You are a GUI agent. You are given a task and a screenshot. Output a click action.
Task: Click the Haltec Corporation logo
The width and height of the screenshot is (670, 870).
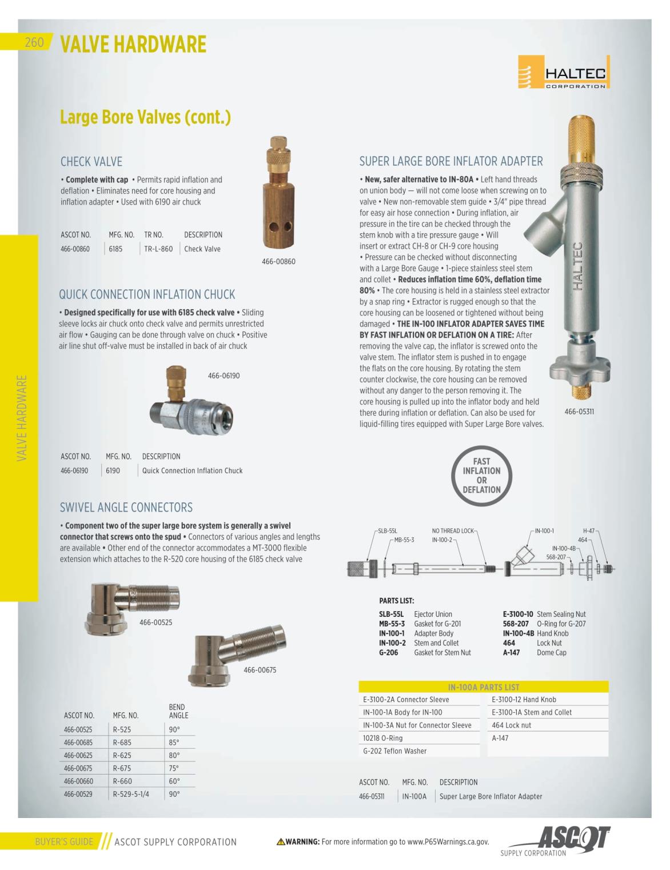pos(564,72)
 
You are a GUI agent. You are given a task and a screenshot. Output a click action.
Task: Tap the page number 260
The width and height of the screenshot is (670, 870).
pos(34,43)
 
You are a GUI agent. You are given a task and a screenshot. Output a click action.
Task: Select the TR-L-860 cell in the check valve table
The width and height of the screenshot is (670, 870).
pos(158,249)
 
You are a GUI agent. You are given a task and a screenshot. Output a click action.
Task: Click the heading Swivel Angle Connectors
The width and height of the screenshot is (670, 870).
pos(126,507)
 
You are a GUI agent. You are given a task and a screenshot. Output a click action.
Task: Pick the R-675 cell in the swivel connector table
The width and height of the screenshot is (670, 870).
pos(122,768)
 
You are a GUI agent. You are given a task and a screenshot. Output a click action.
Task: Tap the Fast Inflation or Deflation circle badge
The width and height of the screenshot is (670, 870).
pos(481,476)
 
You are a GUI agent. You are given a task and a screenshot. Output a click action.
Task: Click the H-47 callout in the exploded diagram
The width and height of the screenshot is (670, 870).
pos(588,531)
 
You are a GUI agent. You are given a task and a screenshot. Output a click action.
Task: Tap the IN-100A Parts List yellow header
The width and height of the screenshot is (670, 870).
pos(483,687)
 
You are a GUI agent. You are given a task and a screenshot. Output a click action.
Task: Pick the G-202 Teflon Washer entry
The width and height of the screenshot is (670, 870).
pos(394,751)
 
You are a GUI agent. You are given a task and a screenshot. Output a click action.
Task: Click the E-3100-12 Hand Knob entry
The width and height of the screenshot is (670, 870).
pos(524,700)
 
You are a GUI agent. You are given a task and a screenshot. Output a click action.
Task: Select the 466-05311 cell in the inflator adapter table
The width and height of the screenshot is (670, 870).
pos(372,796)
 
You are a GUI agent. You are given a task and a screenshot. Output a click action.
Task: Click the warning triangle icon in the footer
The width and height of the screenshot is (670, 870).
pos(280,841)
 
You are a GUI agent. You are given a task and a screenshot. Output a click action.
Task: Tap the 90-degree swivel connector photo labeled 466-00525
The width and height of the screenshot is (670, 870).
pos(133,604)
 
